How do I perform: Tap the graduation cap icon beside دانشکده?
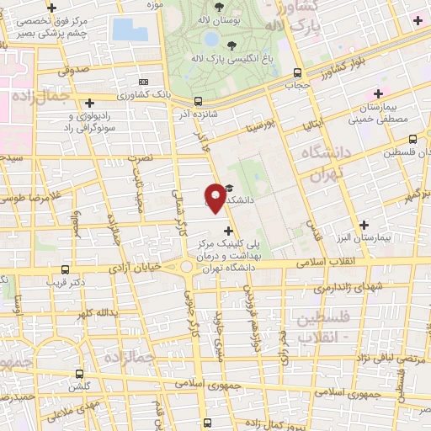pos(231,190)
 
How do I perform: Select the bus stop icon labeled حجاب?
pos(297,73)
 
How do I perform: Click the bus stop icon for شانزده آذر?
pos(198,98)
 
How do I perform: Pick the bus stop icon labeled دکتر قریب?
pos(66,270)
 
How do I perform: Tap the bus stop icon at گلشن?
pos(79,373)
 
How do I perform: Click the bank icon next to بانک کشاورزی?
pos(143,82)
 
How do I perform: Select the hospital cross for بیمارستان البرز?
pos(364,225)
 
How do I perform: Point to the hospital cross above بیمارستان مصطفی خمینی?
pos(378,93)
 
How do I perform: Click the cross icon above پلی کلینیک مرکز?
pos(227,230)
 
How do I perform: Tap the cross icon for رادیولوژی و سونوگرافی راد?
pos(89,102)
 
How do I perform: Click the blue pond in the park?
pos(129,29)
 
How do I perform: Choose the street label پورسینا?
pos(260,126)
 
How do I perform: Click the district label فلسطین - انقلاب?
pos(324,327)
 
